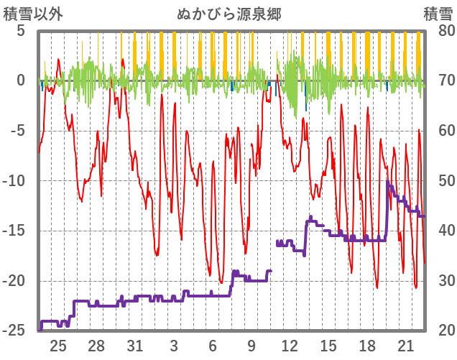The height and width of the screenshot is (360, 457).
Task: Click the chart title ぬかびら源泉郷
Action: (x=228, y=14)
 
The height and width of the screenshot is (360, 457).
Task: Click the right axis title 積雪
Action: (x=438, y=14)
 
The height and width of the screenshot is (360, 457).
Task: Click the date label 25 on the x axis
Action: (x=58, y=346)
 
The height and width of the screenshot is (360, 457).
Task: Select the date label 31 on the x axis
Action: (x=135, y=346)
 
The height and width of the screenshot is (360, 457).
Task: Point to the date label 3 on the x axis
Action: (x=174, y=346)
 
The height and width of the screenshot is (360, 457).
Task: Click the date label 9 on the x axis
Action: (x=251, y=346)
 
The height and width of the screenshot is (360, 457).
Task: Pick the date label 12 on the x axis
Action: (x=290, y=346)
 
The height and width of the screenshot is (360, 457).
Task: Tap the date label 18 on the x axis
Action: (x=366, y=346)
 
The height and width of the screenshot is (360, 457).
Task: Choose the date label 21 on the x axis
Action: (x=405, y=346)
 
